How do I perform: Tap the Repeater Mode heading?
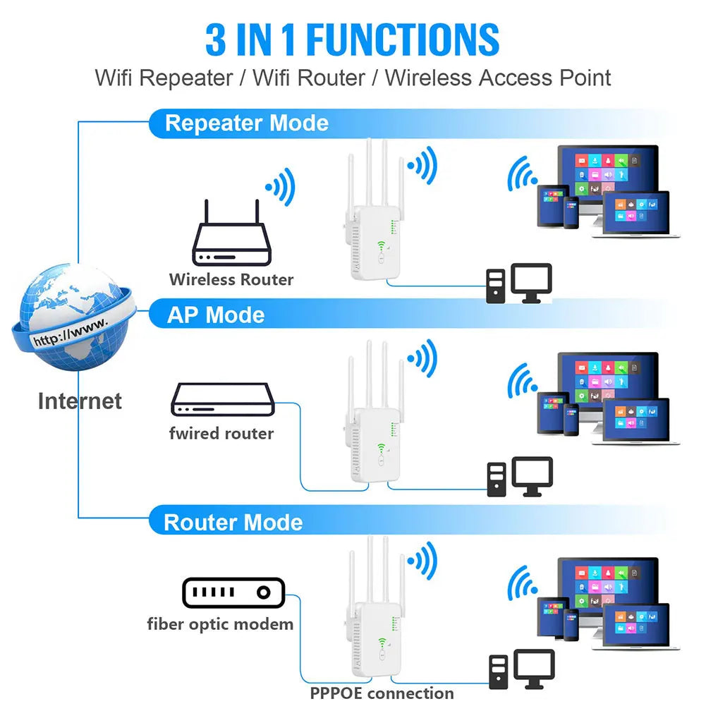point(246,123)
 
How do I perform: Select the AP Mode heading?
point(215,315)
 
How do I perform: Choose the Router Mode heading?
point(233,523)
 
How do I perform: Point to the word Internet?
point(80,401)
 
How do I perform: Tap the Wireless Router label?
point(231,279)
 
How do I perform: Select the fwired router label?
point(221,433)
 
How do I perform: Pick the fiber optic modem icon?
point(233,593)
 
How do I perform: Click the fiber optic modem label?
point(220,624)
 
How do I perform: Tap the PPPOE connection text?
point(382,693)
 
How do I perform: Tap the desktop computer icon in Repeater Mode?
point(518,284)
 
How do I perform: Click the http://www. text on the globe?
point(71,330)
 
